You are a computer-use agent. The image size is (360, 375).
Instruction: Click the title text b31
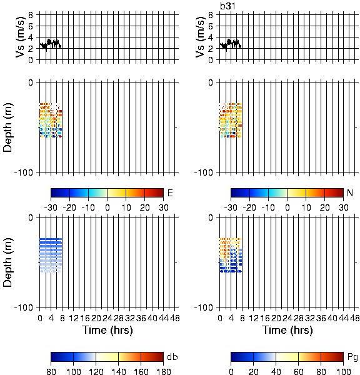tap(227, 6)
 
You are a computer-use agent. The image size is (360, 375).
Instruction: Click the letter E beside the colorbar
tap(170, 192)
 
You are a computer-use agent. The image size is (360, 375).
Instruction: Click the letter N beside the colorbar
tap(350, 192)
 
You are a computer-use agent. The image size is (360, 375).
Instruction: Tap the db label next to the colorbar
tap(172, 357)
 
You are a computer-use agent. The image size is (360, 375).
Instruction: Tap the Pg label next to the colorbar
tap(352, 357)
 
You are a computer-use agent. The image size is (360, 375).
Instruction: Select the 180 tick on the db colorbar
tap(163, 372)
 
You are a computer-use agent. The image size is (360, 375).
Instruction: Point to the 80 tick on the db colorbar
tap(51, 372)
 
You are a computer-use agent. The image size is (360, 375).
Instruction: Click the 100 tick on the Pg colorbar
tap(344, 372)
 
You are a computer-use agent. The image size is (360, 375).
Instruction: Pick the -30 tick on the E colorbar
tap(51, 207)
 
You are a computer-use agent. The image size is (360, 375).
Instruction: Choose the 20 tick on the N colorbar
tap(324, 207)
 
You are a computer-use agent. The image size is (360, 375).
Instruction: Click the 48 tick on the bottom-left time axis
tap(174, 318)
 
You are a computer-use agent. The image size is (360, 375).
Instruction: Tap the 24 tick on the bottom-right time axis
tap(287, 318)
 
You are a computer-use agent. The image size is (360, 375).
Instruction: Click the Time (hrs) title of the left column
tap(107, 330)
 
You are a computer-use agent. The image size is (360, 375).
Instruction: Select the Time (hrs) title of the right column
tap(287, 330)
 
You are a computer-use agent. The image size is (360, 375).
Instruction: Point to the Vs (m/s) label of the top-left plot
tap(20, 37)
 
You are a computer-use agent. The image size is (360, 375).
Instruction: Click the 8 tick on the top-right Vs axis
tap(211, 15)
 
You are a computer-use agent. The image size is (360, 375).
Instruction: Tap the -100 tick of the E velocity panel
tap(24, 172)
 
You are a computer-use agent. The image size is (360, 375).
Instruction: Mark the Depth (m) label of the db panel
tap(7, 262)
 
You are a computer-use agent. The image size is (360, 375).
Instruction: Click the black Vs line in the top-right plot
tap(231, 44)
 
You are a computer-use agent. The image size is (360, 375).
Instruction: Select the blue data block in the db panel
tap(51, 255)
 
